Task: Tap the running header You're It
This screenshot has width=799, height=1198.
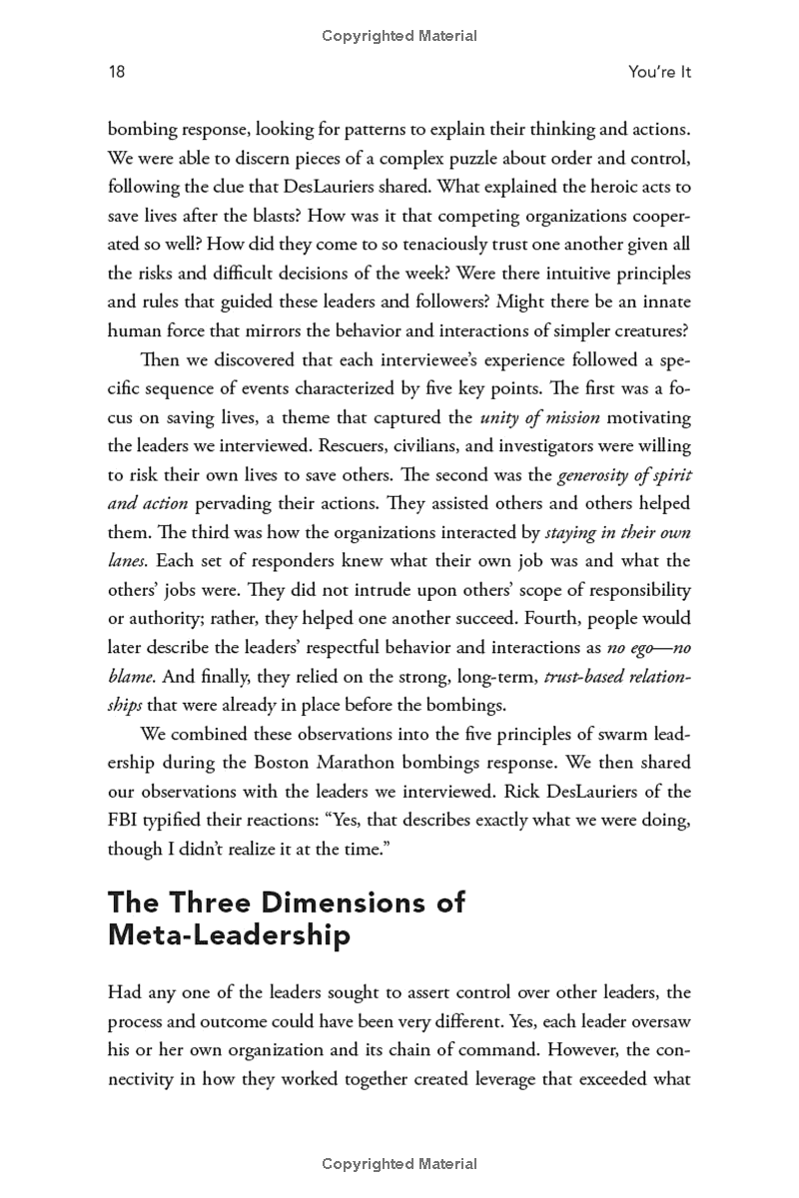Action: pos(660,72)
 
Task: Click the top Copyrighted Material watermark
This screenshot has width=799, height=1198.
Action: pos(399,36)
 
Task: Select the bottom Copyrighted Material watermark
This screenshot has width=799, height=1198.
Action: pos(399,1164)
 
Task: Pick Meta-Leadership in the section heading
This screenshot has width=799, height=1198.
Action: pos(229,935)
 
